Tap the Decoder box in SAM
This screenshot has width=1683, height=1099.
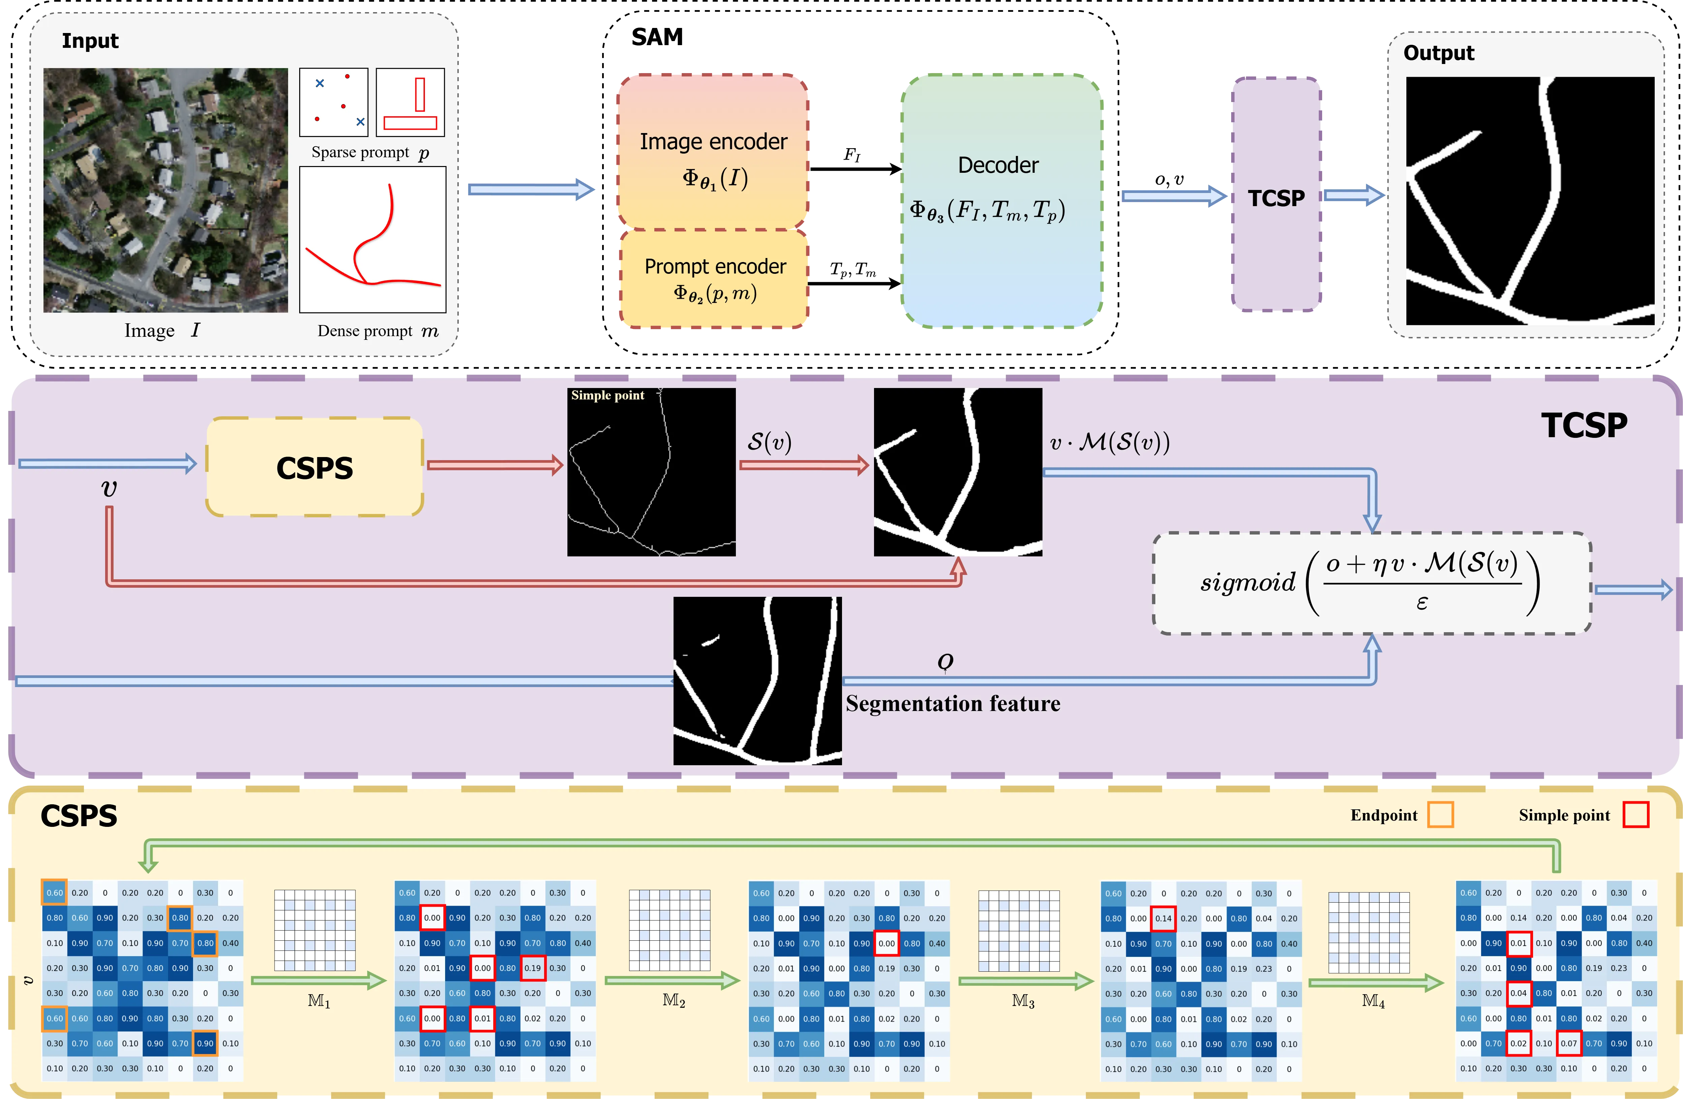(x=1001, y=201)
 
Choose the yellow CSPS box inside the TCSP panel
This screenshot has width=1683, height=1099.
(x=315, y=466)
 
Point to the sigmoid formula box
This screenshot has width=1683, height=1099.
(x=1372, y=583)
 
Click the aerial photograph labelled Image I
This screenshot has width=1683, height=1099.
(x=165, y=190)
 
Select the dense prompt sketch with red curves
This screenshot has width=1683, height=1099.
(x=373, y=239)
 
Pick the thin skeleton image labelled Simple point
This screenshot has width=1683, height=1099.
(x=651, y=472)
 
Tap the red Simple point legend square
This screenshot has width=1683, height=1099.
(x=1635, y=814)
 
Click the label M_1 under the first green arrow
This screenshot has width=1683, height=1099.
(x=319, y=1001)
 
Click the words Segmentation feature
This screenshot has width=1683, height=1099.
(x=953, y=704)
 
